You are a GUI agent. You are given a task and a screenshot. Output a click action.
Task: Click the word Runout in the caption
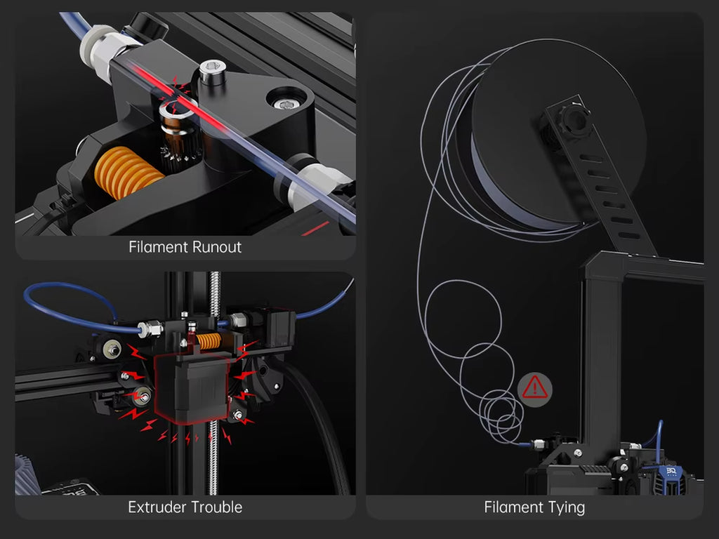coord(216,247)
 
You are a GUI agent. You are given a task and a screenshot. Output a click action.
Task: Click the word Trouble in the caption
coord(216,507)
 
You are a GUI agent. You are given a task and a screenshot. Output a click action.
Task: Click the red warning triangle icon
coord(534,389)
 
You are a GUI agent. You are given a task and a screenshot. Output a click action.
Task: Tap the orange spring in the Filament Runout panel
coord(128,173)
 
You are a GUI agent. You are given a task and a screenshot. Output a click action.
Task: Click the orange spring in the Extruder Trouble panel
coord(208,341)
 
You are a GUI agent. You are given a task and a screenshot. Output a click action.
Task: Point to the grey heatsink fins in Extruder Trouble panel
coord(27,475)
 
